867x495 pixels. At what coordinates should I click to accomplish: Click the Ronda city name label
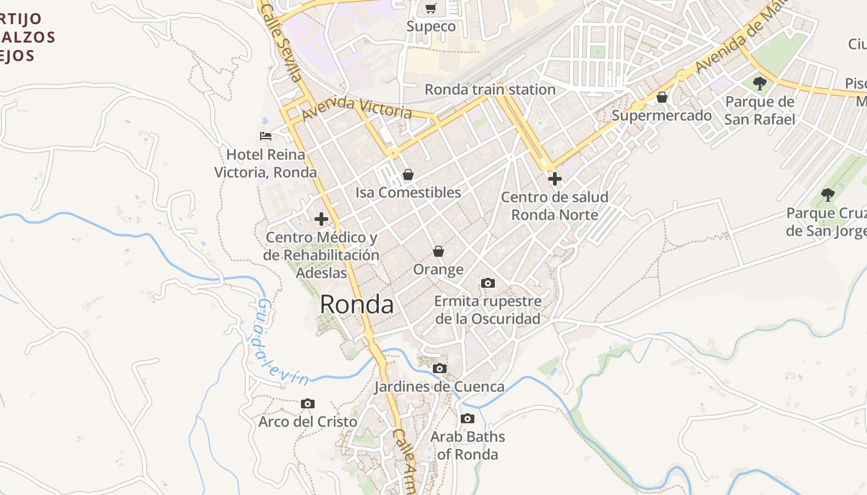[x=357, y=304]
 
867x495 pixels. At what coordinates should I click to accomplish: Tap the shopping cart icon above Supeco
[x=431, y=9]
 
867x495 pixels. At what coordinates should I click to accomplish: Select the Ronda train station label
[x=490, y=89]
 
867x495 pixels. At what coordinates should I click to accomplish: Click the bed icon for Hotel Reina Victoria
[x=266, y=136]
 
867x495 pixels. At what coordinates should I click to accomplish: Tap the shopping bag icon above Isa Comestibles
[x=407, y=175]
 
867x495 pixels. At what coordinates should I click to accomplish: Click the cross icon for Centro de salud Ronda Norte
[x=555, y=179]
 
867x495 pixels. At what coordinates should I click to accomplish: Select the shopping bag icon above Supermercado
[x=662, y=98]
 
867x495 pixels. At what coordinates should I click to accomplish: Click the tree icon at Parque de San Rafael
[x=759, y=84]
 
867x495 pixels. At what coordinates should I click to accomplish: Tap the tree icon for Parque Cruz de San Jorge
[x=827, y=196]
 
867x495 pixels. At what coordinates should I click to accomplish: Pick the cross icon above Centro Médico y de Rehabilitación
[x=321, y=219]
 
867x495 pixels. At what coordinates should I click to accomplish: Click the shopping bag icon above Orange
[x=438, y=251]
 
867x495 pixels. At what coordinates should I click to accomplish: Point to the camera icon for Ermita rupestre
[x=488, y=283]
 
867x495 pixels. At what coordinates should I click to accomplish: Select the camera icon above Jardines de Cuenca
[x=439, y=369]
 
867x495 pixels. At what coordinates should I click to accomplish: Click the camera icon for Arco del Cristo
[x=307, y=404]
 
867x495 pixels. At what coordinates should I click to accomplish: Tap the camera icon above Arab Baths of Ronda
[x=468, y=419]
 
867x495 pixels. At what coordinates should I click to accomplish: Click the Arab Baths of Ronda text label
[x=468, y=445]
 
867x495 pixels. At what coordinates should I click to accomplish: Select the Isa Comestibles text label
[x=408, y=192]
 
